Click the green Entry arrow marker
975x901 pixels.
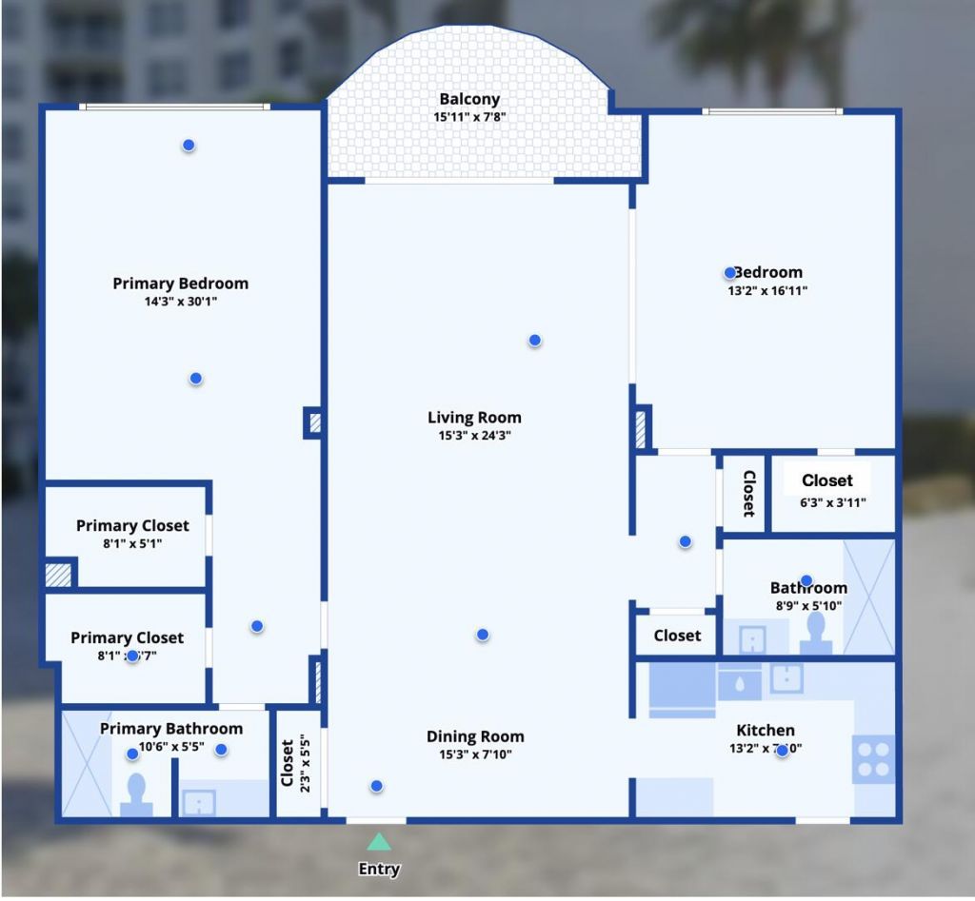point(379,842)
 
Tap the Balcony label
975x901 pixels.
point(469,100)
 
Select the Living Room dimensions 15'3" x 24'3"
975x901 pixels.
point(474,436)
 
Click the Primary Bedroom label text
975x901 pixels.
point(180,284)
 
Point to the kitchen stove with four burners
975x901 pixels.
point(873,758)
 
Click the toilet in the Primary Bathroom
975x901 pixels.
point(136,794)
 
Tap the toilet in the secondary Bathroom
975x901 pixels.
point(816,632)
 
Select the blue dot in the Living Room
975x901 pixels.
point(535,341)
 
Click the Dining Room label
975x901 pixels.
point(475,736)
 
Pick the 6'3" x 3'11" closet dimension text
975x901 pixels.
point(833,502)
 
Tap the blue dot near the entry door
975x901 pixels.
point(377,786)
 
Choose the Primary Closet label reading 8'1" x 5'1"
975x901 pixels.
point(132,525)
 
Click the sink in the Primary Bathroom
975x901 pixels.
point(199,802)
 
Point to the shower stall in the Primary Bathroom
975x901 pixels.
point(87,762)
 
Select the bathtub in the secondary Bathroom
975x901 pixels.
point(869,597)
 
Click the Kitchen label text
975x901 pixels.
point(766,731)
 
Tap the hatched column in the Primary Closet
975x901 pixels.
point(59,575)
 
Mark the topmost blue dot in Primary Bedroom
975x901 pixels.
point(189,145)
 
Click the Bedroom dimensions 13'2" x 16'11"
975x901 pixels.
point(767,291)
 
